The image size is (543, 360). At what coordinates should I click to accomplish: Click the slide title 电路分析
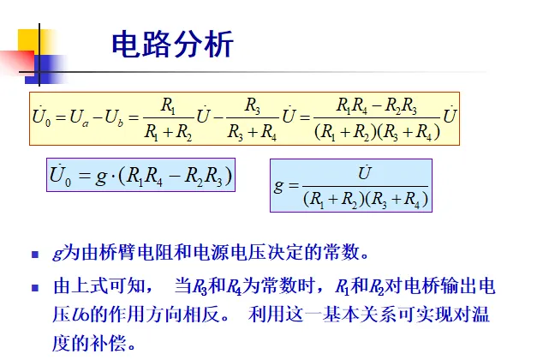click(x=172, y=45)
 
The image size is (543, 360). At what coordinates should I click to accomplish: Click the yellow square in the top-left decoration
click(x=27, y=40)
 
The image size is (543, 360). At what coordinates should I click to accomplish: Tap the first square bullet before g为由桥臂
click(x=35, y=255)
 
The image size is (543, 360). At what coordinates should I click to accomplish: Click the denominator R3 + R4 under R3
click(x=253, y=133)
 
